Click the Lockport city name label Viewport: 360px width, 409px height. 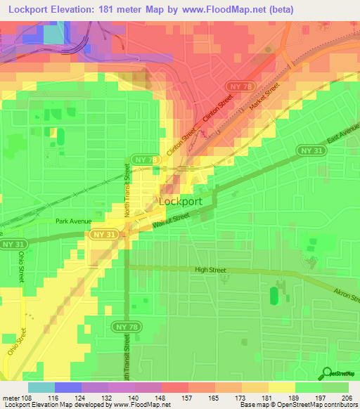181,201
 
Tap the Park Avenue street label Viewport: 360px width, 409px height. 75,221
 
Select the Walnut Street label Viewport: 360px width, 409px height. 172,223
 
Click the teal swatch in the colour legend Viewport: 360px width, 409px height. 41,387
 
